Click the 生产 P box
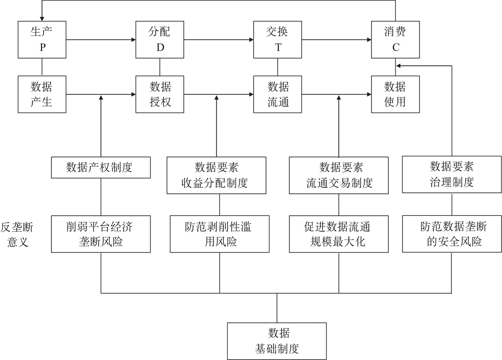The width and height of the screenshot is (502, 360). pos(42,40)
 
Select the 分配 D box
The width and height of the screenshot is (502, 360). pos(160,40)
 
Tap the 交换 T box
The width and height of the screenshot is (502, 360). pos(278,40)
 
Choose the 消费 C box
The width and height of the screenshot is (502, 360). pos(395,40)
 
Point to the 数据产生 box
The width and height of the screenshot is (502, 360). pos(42,94)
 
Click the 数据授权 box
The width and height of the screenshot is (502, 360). pos(160,94)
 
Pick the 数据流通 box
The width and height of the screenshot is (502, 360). pos(278,94)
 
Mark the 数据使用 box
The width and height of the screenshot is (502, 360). pos(395,94)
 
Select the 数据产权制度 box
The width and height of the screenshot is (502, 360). pos(100,168)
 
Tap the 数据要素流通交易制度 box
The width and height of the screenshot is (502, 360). pos(338,175)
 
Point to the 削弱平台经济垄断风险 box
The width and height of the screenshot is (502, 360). pos(100,234)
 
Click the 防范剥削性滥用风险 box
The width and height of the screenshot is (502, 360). pos(220,234)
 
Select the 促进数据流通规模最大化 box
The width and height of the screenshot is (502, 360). pos(338,234)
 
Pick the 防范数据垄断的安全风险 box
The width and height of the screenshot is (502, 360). pos(452,234)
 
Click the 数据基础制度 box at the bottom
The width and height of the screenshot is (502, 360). pos(277,341)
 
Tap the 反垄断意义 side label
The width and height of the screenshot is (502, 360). pos(18,235)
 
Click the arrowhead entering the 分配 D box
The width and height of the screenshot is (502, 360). pos(133,40)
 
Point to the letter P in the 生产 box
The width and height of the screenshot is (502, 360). pos(42,48)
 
